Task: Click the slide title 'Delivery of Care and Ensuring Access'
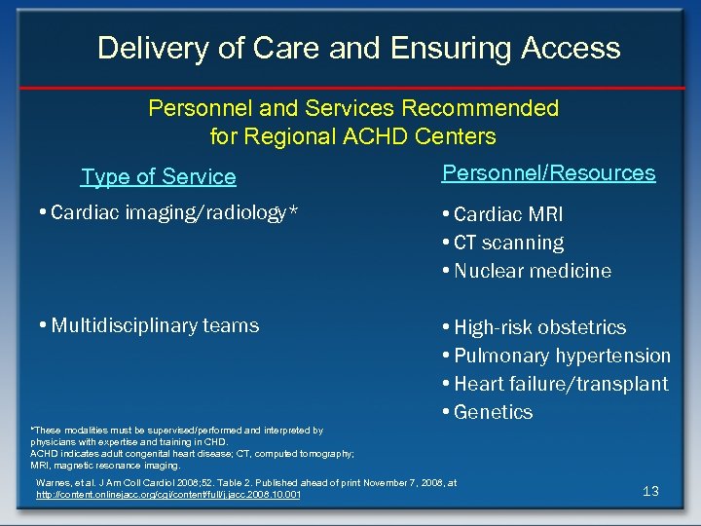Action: [x=358, y=48]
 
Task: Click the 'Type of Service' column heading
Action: [x=158, y=176]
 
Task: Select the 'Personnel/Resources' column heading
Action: [x=548, y=172]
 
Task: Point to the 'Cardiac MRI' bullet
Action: [x=507, y=214]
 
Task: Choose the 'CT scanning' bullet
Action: [x=508, y=243]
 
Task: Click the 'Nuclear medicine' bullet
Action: [x=532, y=271]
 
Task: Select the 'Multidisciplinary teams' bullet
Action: [x=154, y=325]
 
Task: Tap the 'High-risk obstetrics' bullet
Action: [x=539, y=327]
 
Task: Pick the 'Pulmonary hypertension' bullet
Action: [x=562, y=356]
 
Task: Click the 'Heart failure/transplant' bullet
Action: [x=561, y=384]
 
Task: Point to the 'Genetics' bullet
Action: [x=493, y=412]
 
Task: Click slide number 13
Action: [x=650, y=491]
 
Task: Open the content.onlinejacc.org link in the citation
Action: [x=167, y=496]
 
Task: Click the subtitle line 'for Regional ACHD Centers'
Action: [x=352, y=136]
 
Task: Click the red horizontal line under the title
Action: [x=350, y=88]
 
